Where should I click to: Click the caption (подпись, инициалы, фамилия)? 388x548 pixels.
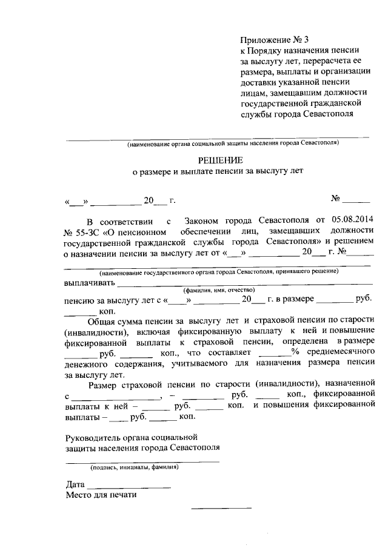134,467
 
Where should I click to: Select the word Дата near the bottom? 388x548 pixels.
76,484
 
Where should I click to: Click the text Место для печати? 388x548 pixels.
101,495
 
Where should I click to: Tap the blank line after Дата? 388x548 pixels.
129,487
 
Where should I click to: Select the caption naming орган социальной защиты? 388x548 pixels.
233,144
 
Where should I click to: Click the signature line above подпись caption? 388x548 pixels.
142,461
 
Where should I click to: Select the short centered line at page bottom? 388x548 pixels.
221,508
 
